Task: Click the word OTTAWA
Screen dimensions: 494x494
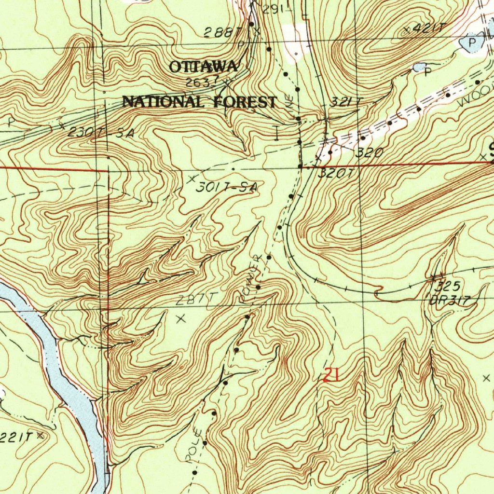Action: pos(203,67)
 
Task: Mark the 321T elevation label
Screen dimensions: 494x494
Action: pos(346,102)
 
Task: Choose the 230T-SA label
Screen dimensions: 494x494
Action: pos(100,132)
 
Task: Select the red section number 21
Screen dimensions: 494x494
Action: pos(331,374)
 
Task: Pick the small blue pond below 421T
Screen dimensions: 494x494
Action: pos(419,67)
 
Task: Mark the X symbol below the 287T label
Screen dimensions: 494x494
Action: pos(181,318)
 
